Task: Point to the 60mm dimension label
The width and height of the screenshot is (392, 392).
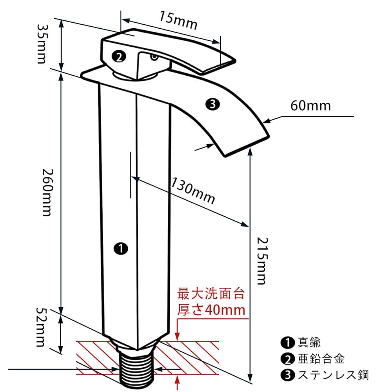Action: click(x=310, y=106)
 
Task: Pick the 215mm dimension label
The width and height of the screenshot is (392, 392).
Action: click(x=260, y=260)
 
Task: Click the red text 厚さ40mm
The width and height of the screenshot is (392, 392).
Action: click(x=211, y=310)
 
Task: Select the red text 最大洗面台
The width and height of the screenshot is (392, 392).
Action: click(x=211, y=293)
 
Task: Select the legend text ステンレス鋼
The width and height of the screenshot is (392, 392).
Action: click(x=333, y=375)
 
